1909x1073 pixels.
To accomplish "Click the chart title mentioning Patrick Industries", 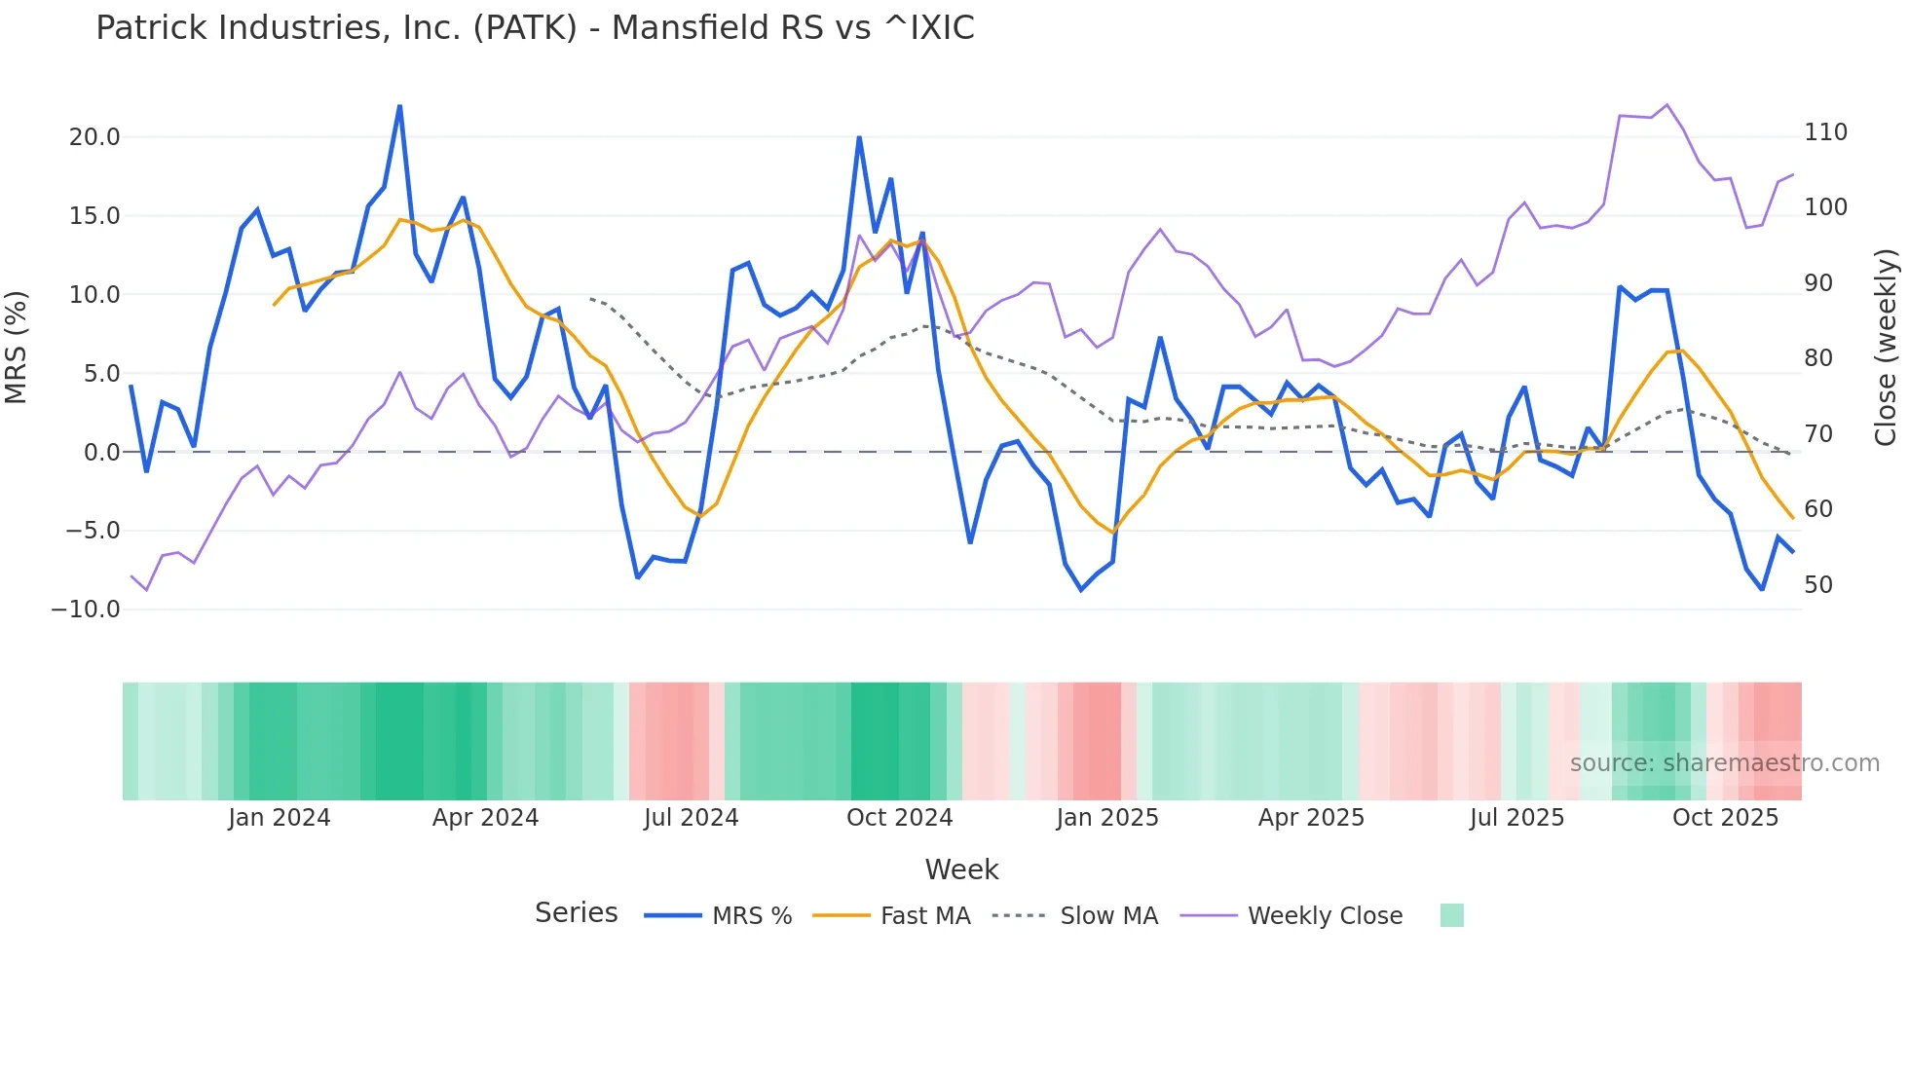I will click(535, 28).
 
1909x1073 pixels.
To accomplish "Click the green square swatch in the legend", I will click(1451, 915).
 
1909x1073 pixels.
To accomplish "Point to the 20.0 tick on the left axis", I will click(94, 137).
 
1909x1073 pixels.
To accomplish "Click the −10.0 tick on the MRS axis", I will click(86, 610).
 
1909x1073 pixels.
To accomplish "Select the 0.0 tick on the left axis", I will click(101, 453).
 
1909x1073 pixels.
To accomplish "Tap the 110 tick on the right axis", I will click(1825, 132).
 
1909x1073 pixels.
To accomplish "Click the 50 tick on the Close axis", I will click(1818, 585).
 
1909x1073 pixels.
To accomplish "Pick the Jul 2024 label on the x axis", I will click(691, 818).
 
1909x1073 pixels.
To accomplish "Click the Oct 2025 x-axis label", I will click(1725, 818).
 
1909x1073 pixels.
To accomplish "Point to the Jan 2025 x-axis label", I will click(1107, 818).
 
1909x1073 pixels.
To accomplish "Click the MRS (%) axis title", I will click(17, 347).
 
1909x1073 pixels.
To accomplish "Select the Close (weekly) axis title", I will click(1887, 347).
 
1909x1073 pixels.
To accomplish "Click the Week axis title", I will click(961, 869).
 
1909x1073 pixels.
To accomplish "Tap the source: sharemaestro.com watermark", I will click(1724, 763).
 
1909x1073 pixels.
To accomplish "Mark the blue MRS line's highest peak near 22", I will click(399, 106).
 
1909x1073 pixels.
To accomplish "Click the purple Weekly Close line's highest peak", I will click(1666, 104).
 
